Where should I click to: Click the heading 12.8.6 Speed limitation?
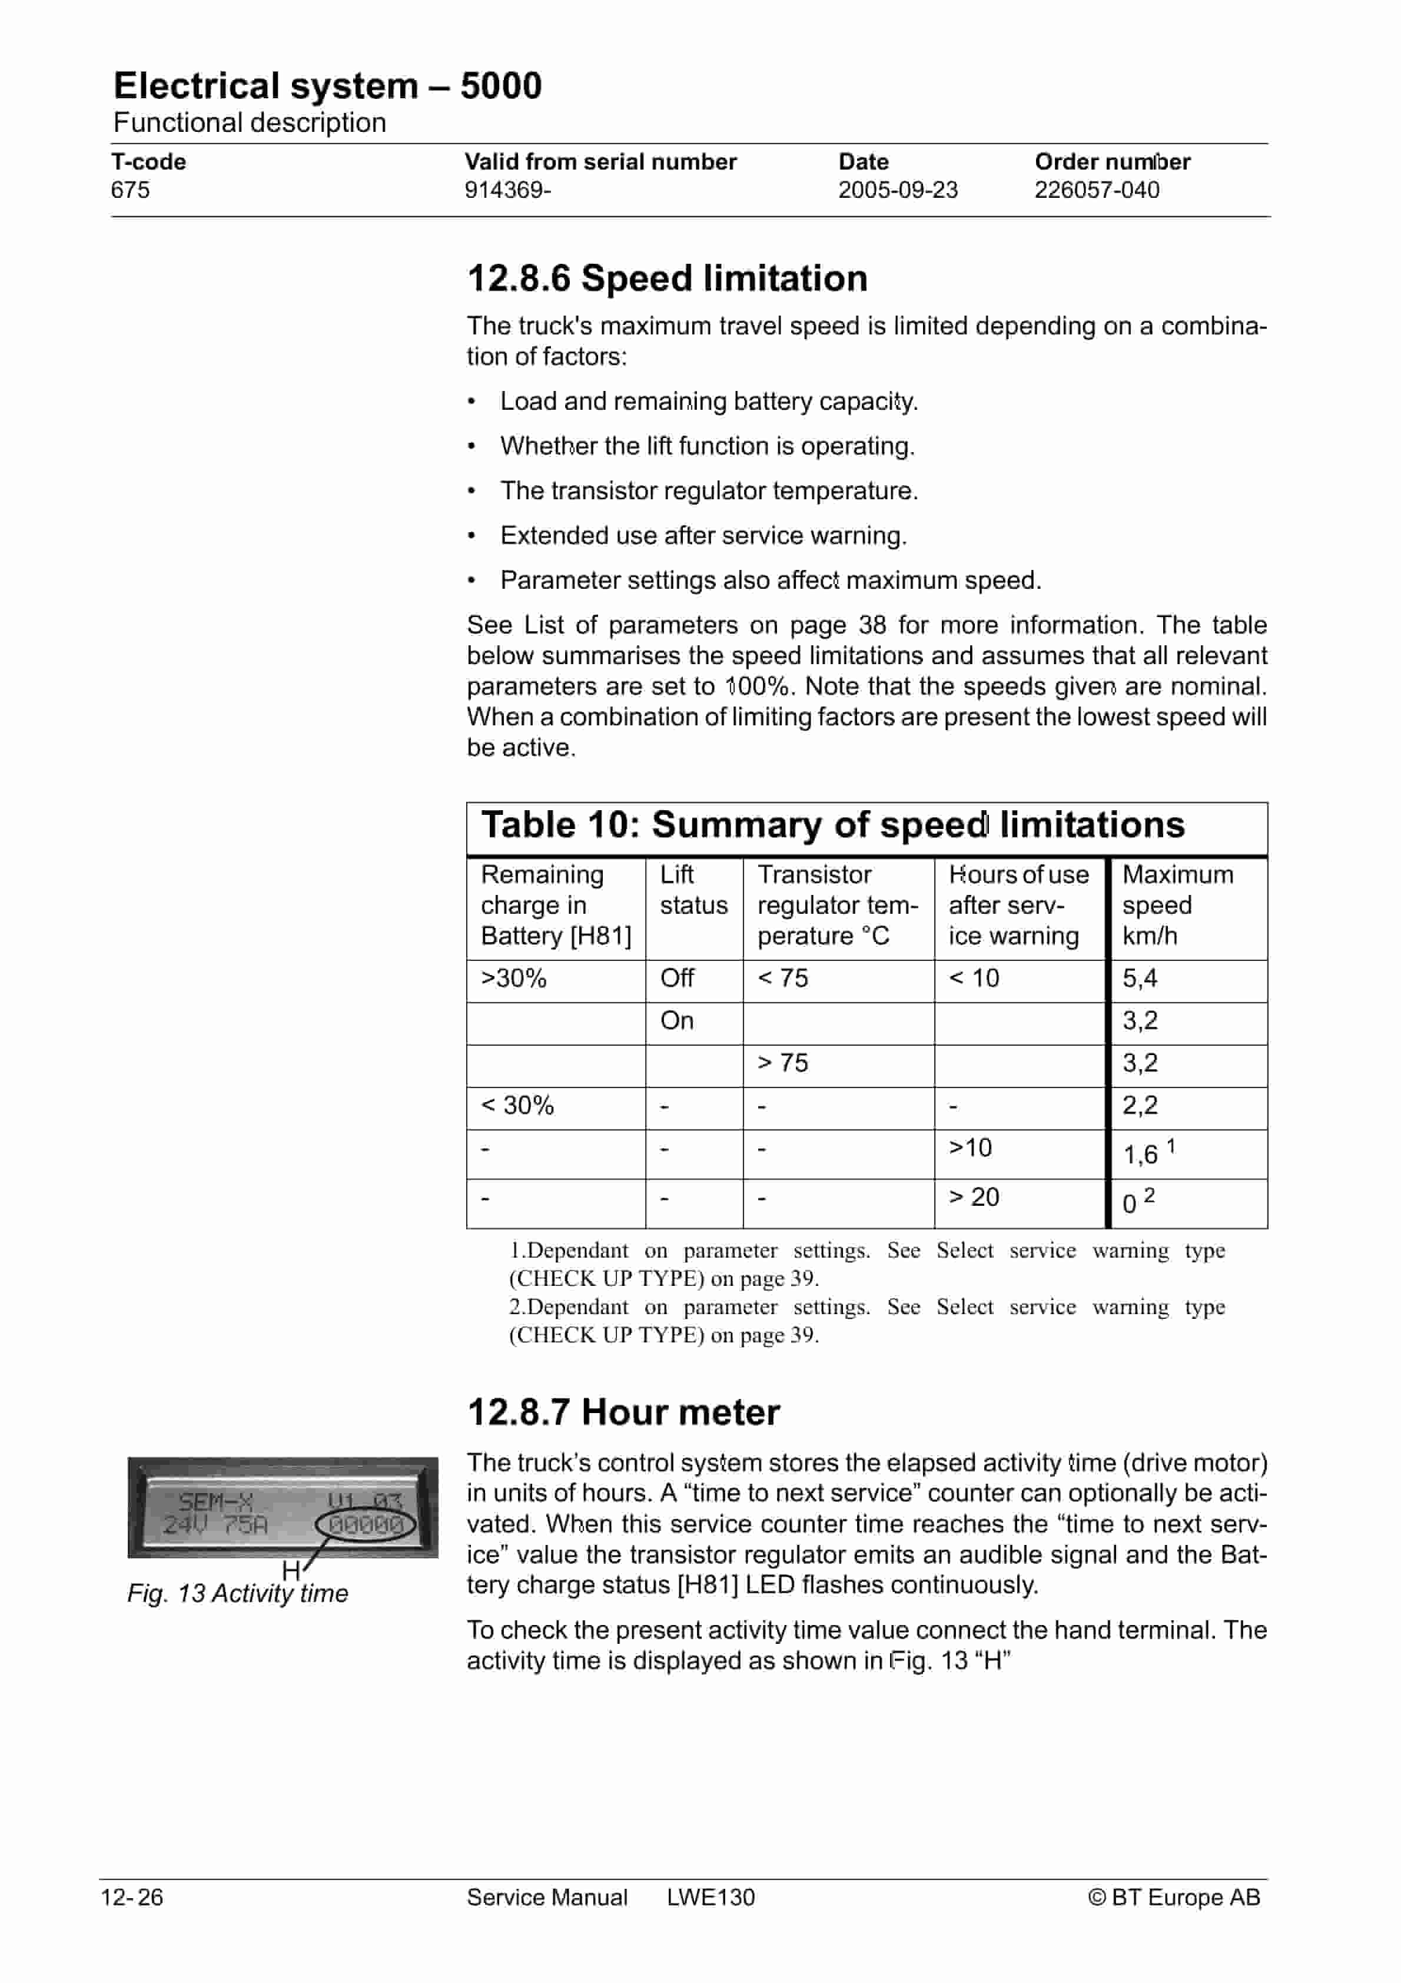point(667,278)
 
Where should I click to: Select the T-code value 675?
point(131,190)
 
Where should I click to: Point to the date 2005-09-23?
point(898,190)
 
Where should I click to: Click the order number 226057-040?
point(1097,190)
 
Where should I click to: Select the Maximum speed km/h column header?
point(1177,905)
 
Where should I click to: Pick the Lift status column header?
point(693,890)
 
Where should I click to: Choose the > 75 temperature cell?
point(782,1063)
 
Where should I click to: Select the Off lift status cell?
point(676,979)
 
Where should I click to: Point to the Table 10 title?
point(833,825)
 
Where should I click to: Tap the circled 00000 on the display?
point(366,1526)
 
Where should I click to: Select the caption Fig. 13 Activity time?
point(238,1593)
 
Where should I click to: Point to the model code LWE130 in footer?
point(710,1898)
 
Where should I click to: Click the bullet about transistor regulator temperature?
point(708,490)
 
